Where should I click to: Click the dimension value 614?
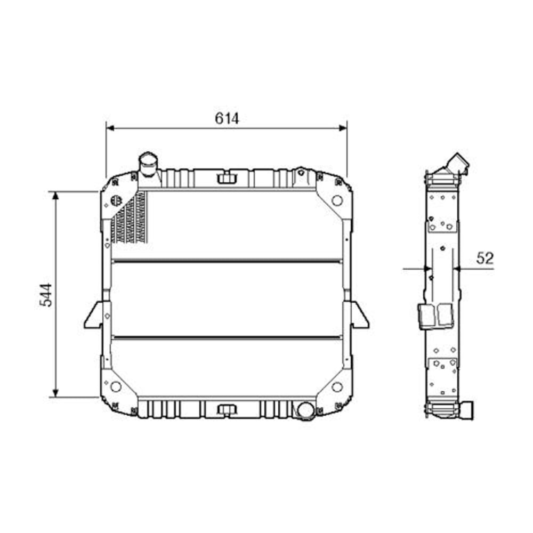pos(227,118)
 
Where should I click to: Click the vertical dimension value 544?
pos(47,294)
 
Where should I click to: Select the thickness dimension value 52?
pos(485,259)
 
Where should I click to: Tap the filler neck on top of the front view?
pos(148,164)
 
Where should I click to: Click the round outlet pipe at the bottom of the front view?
pos(305,410)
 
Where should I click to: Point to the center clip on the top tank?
pos(227,177)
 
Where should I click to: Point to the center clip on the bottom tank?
pos(227,409)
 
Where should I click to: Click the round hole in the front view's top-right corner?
pos(337,200)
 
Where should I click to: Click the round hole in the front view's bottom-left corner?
pos(116,386)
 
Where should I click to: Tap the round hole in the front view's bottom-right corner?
pos(337,386)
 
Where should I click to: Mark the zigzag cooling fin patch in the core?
pos(129,219)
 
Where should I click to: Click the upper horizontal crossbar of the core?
pos(227,261)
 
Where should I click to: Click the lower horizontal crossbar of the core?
pos(227,337)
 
